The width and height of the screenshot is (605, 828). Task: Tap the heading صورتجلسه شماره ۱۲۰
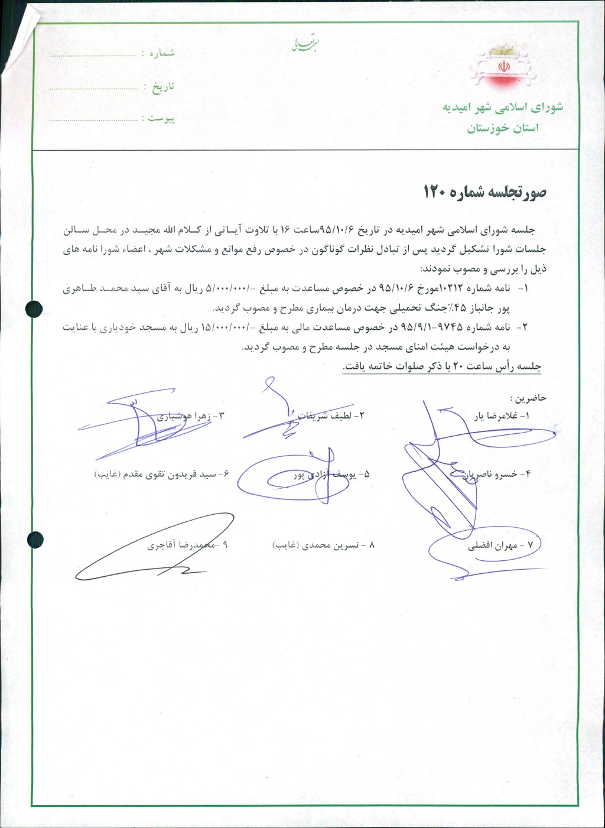[484, 192]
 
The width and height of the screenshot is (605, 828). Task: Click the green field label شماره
[162, 53]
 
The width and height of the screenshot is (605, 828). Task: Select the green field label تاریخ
[163, 87]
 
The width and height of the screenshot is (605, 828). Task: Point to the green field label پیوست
[161, 119]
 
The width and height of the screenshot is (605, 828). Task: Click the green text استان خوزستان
[503, 128]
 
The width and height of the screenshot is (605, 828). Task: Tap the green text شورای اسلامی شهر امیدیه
[503, 108]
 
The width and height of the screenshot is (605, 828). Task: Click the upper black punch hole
[35, 309]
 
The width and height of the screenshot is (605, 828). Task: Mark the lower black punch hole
[35, 539]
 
